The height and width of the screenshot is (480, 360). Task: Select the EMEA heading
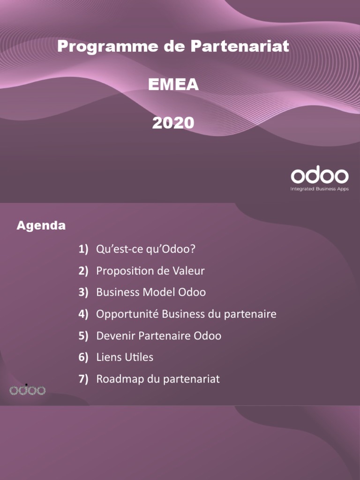[173, 85]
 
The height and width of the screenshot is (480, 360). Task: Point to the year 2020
[173, 123]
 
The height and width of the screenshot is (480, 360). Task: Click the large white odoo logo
[320, 176]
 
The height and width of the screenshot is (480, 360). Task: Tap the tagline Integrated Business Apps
[320, 189]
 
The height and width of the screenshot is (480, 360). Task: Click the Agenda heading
[41, 226]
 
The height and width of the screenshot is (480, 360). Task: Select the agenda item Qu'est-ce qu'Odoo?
[145, 249]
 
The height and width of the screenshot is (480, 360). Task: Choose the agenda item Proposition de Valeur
[150, 271]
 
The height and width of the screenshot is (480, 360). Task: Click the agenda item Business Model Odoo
[151, 292]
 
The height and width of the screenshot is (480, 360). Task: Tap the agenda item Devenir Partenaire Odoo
[158, 336]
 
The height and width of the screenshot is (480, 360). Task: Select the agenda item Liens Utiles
[125, 358]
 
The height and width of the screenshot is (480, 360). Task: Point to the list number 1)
[83, 249]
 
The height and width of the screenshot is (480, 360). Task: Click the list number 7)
[83, 379]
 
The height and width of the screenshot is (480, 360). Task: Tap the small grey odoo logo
[28, 390]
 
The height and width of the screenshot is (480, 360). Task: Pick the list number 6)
[83, 358]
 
